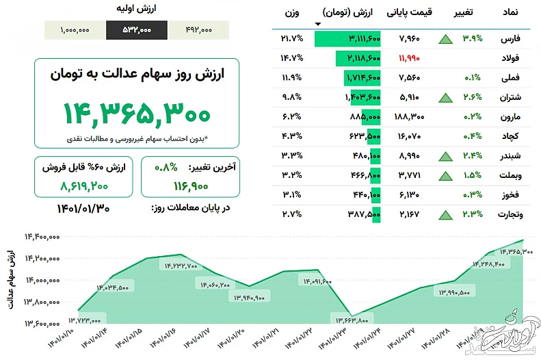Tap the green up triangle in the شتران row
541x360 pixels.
(x=445, y=97)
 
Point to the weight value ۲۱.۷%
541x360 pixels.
(x=291, y=38)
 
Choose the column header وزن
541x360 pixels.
(x=291, y=12)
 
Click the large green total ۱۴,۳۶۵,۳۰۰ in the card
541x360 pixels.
(x=137, y=112)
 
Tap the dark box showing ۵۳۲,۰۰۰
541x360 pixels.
(x=136, y=30)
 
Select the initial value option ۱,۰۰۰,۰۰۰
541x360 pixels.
(x=75, y=30)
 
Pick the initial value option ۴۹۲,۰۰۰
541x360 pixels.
(x=198, y=30)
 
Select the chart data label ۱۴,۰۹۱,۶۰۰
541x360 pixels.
(x=315, y=281)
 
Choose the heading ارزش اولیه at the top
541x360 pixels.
(x=137, y=10)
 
